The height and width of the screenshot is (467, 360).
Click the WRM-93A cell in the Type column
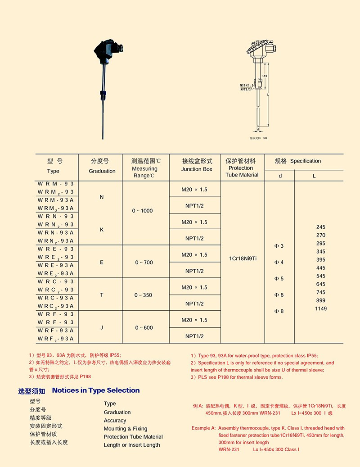(56, 200)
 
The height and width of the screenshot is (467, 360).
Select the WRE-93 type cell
(56, 249)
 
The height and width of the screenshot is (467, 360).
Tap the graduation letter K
(102, 230)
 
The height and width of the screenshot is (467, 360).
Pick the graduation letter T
(102, 295)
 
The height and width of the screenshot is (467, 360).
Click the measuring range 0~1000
(143, 211)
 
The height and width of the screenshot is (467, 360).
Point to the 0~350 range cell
(144, 295)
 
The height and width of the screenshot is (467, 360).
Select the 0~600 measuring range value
(144, 328)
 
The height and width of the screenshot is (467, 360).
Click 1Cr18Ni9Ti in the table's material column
(243, 258)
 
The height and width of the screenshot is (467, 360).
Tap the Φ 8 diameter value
(279, 311)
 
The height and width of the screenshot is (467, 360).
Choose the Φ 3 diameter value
(279, 246)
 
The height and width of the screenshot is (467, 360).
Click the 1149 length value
(321, 308)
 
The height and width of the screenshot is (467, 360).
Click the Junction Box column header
(197, 165)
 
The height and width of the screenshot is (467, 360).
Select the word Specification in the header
(306, 161)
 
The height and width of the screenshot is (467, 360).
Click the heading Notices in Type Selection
(96, 390)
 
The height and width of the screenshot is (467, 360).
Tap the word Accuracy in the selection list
(115, 421)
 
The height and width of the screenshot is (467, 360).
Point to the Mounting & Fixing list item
(126, 429)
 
